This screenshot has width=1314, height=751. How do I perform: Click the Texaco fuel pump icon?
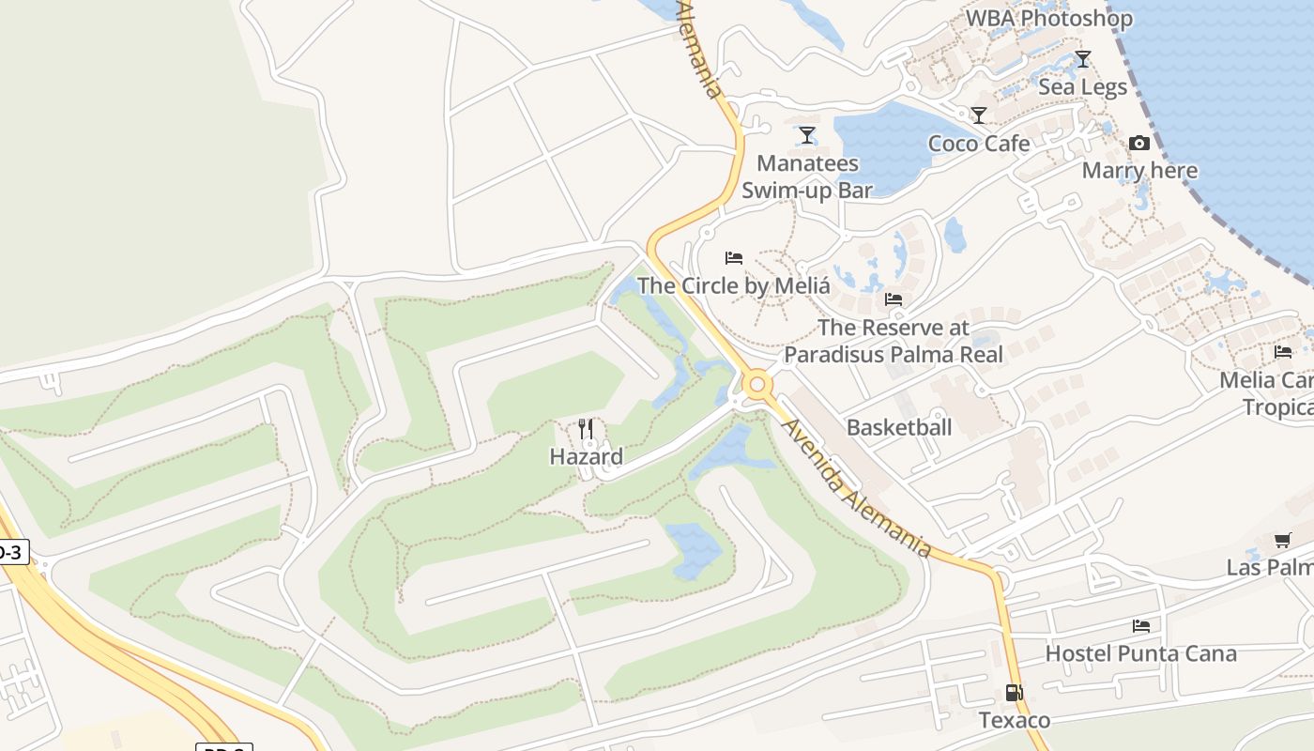[1014, 693]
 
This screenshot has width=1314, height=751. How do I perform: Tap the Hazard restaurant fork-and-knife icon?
[586, 429]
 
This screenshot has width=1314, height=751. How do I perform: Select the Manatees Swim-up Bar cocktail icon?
[806, 135]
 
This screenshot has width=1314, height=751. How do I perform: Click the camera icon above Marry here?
[1139, 143]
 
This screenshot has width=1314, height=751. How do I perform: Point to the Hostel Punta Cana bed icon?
[1141, 625]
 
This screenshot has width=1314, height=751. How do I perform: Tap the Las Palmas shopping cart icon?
[1282, 540]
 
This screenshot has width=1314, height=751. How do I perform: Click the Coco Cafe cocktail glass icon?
[979, 115]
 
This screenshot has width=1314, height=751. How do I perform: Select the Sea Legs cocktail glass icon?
[1082, 59]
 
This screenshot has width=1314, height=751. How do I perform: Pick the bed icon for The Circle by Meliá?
[734, 257]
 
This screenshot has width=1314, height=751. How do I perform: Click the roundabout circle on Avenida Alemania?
[757, 384]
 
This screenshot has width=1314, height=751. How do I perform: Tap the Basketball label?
[899, 428]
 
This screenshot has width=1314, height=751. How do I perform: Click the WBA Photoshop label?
[1049, 18]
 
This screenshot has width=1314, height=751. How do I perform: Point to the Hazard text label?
[586, 457]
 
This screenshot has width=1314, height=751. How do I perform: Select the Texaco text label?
[1015, 720]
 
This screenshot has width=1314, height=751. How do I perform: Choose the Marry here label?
[1139, 171]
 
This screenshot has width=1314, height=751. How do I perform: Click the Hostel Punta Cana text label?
[1141, 653]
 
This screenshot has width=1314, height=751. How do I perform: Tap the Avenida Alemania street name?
[856, 487]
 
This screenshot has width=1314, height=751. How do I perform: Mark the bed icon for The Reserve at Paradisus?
[894, 299]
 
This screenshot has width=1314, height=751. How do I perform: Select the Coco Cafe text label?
[979, 144]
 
